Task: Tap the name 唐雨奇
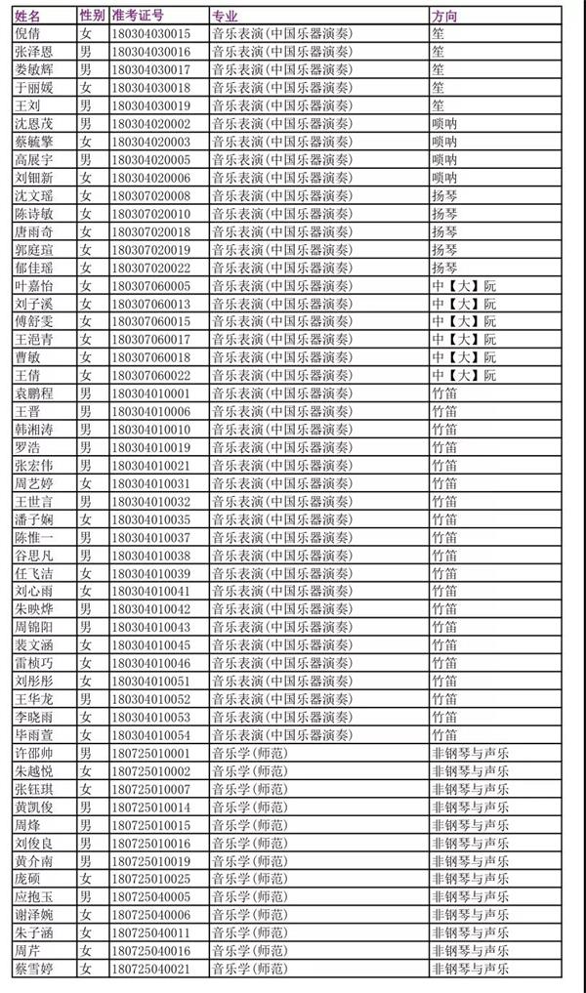pyautogui.click(x=34, y=231)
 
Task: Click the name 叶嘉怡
pyautogui.click(x=34, y=285)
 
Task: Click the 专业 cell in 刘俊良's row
pyautogui.click(x=249, y=843)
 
